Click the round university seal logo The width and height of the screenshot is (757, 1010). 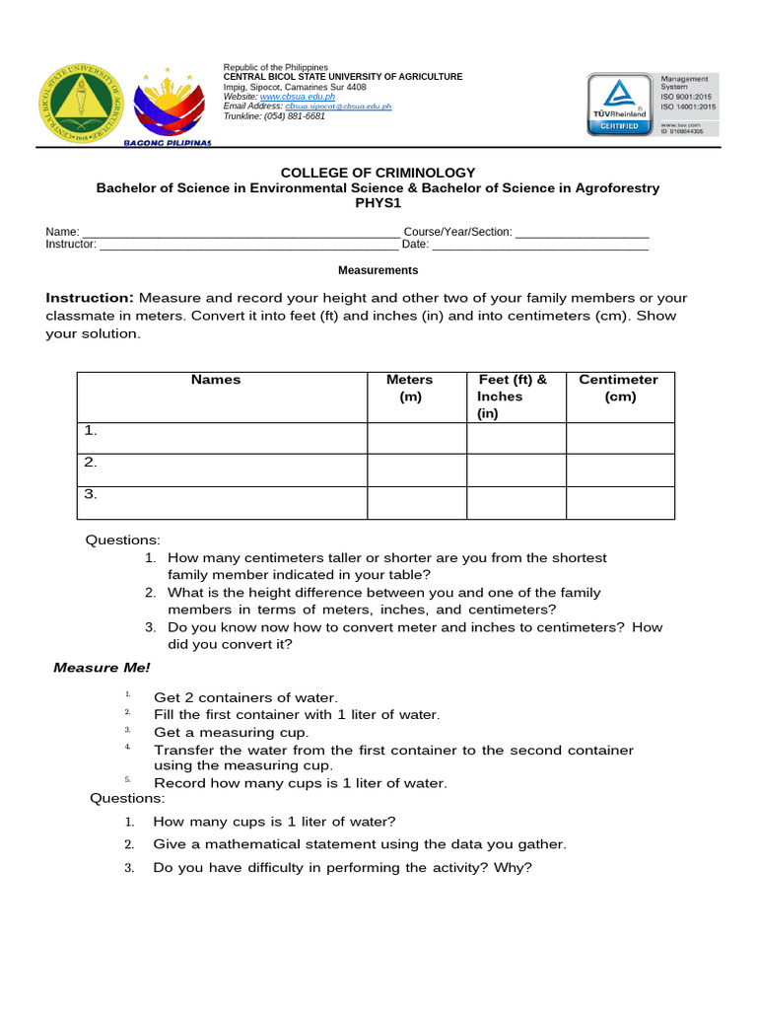coord(82,102)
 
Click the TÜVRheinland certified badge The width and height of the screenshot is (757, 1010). coord(619,104)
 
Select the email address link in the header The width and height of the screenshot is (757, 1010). coord(338,107)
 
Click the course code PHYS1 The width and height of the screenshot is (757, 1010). coord(378,203)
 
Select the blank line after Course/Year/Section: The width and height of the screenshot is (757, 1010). coord(582,233)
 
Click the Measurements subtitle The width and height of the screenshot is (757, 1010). coord(378,270)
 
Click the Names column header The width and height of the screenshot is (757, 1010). coord(216,380)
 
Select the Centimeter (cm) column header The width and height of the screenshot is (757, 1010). coord(619,389)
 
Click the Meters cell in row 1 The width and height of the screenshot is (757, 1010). coord(417,439)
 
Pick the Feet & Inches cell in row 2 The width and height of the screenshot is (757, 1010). coord(516,470)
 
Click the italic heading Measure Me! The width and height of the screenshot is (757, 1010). coord(102,669)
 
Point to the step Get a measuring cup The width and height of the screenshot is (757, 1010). coord(231,733)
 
